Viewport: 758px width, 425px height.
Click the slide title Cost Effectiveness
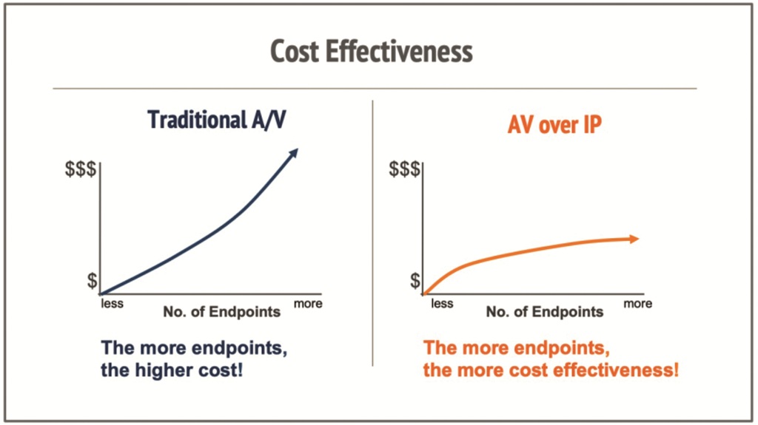(371, 52)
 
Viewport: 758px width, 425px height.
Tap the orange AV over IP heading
(554, 124)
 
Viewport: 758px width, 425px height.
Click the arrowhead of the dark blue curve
(293, 152)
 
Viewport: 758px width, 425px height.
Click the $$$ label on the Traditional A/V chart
(80, 169)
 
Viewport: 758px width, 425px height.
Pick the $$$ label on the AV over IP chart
(405, 169)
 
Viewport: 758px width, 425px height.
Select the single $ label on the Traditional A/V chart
(92, 281)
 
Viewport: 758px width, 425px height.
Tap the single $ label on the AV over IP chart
(415, 281)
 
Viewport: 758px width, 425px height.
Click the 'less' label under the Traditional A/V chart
(113, 303)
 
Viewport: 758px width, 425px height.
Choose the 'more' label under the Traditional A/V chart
(308, 303)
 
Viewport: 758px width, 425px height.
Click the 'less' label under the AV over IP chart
(442, 303)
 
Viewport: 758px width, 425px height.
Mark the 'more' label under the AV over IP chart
(637, 303)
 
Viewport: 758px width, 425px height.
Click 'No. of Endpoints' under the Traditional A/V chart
(221, 311)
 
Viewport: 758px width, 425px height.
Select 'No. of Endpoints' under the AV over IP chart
(545, 311)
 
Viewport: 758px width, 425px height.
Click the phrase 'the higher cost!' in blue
(172, 368)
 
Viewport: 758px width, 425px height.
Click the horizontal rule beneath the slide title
(375, 89)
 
